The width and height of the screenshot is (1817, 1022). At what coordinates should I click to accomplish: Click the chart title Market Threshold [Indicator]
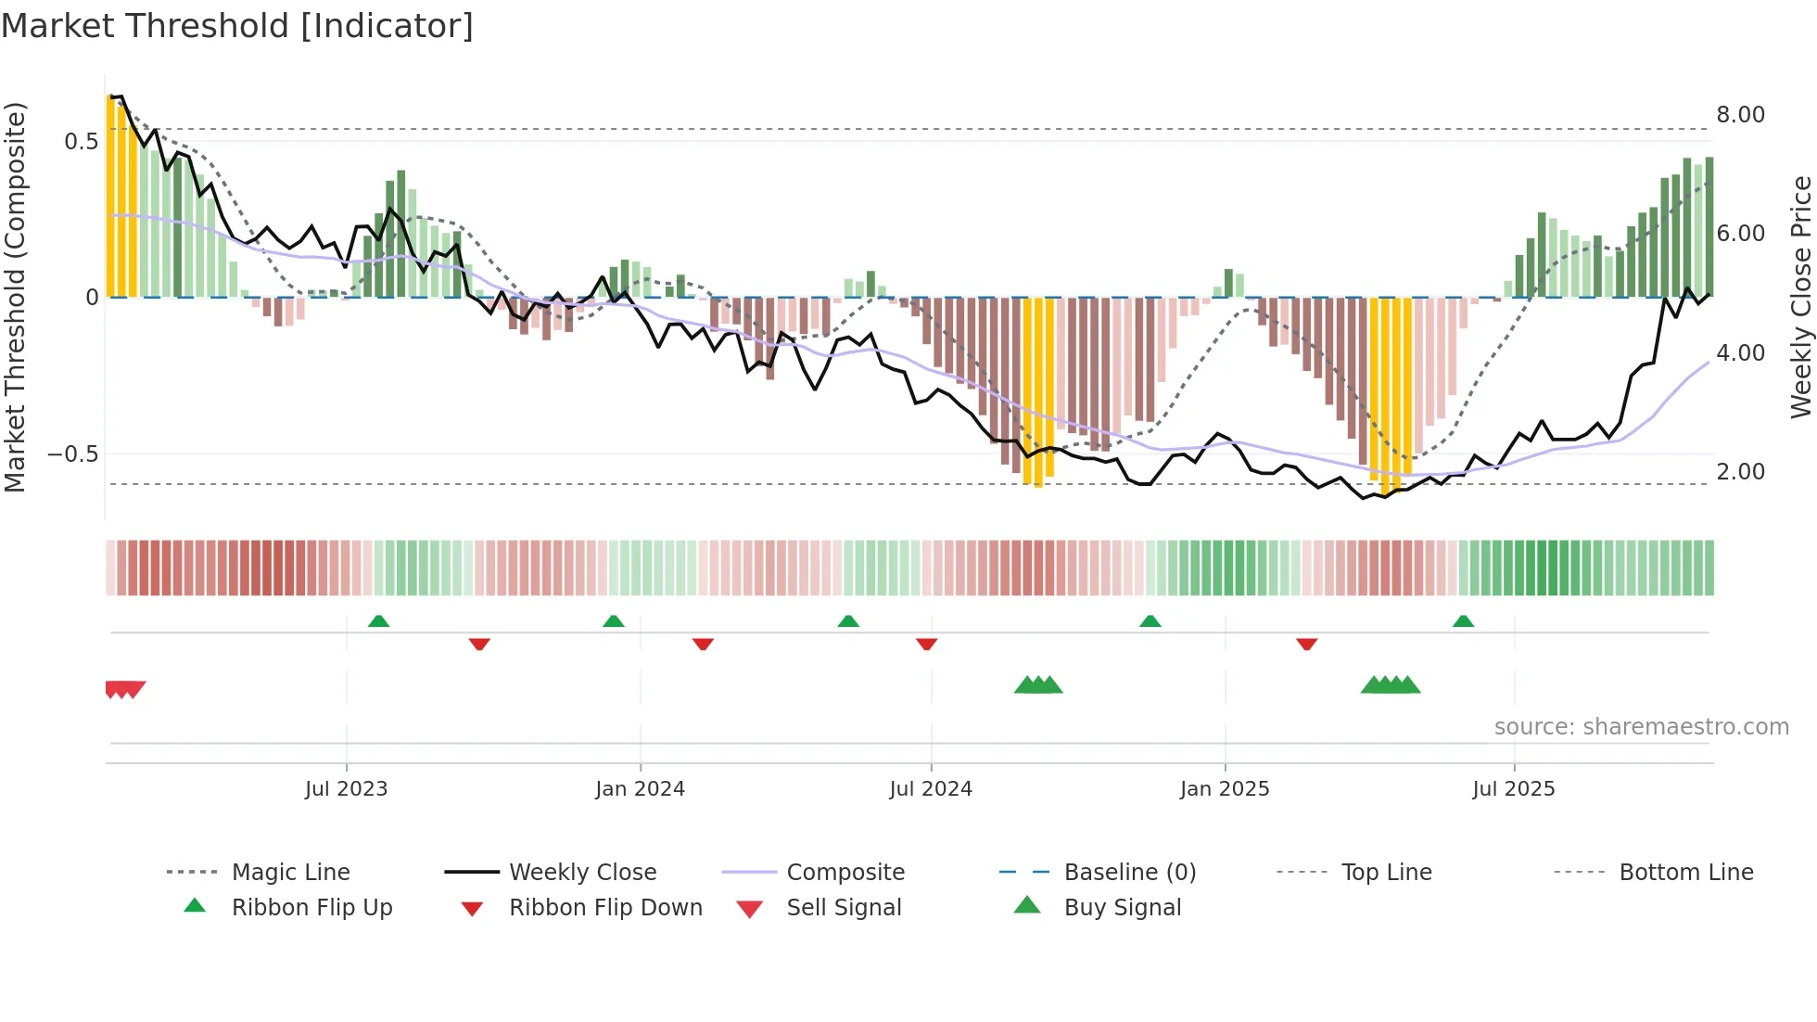(237, 26)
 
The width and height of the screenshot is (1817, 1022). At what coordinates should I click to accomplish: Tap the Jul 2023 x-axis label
(346, 789)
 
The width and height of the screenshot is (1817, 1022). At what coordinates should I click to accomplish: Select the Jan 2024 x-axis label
(640, 789)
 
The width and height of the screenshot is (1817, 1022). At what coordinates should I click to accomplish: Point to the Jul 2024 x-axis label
(931, 789)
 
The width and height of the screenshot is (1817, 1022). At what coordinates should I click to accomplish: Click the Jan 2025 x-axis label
(1225, 789)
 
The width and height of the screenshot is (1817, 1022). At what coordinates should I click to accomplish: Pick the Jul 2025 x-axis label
(1514, 789)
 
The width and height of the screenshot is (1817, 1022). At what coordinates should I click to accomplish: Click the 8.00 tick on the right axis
(1740, 115)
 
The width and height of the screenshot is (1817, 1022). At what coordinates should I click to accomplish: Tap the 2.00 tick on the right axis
(1740, 472)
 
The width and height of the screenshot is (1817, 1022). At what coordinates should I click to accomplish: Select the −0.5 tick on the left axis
(72, 454)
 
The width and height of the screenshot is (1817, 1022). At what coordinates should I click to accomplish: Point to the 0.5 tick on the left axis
(81, 142)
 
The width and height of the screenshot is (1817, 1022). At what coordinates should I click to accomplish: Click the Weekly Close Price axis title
(1800, 297)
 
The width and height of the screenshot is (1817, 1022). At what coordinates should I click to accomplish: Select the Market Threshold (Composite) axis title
(15, 297)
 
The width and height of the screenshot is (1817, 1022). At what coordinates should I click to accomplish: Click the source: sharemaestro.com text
(1641, 727)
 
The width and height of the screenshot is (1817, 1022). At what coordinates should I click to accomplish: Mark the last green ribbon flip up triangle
(1463, 621)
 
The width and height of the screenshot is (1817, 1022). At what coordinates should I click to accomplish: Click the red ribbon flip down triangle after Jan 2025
(1307, 644)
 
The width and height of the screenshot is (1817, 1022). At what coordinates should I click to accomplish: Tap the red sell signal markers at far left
(124, 689)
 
